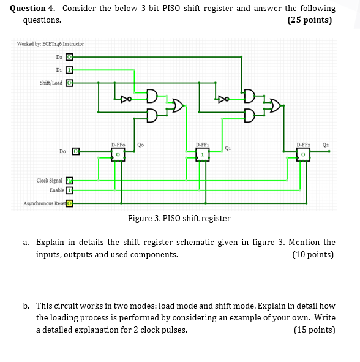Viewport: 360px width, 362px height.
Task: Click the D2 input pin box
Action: click(x=69, y=57)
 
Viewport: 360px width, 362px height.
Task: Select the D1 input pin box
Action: click(x=69, y=70)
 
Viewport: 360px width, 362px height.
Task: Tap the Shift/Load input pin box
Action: click(x=69, y=83)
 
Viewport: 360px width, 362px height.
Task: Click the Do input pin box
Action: click(x=76, y=150)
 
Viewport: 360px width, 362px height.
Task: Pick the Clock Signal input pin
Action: click(x=69, y=181)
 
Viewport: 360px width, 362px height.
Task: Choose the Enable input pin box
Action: click(x=69, y=190)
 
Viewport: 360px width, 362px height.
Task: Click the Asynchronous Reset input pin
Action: click(x=69, y=203)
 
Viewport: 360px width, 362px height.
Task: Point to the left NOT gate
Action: click(x=126, y=97)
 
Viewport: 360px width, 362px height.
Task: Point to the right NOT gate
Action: click(x=225, y=97)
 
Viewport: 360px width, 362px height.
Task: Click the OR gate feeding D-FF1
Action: click(x=177, y=105)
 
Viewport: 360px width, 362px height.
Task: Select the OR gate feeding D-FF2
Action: click(x=276, y=105)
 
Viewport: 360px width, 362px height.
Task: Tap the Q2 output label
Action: click(x=326, y=145)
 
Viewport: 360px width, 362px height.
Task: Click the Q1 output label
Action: click(x=228, y=147)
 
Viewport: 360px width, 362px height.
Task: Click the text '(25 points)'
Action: click(x=309, y=20)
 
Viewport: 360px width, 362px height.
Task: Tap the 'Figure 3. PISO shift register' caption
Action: click(x=179, y=219)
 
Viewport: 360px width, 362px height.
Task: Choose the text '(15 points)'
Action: click(x=314, y=330)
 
